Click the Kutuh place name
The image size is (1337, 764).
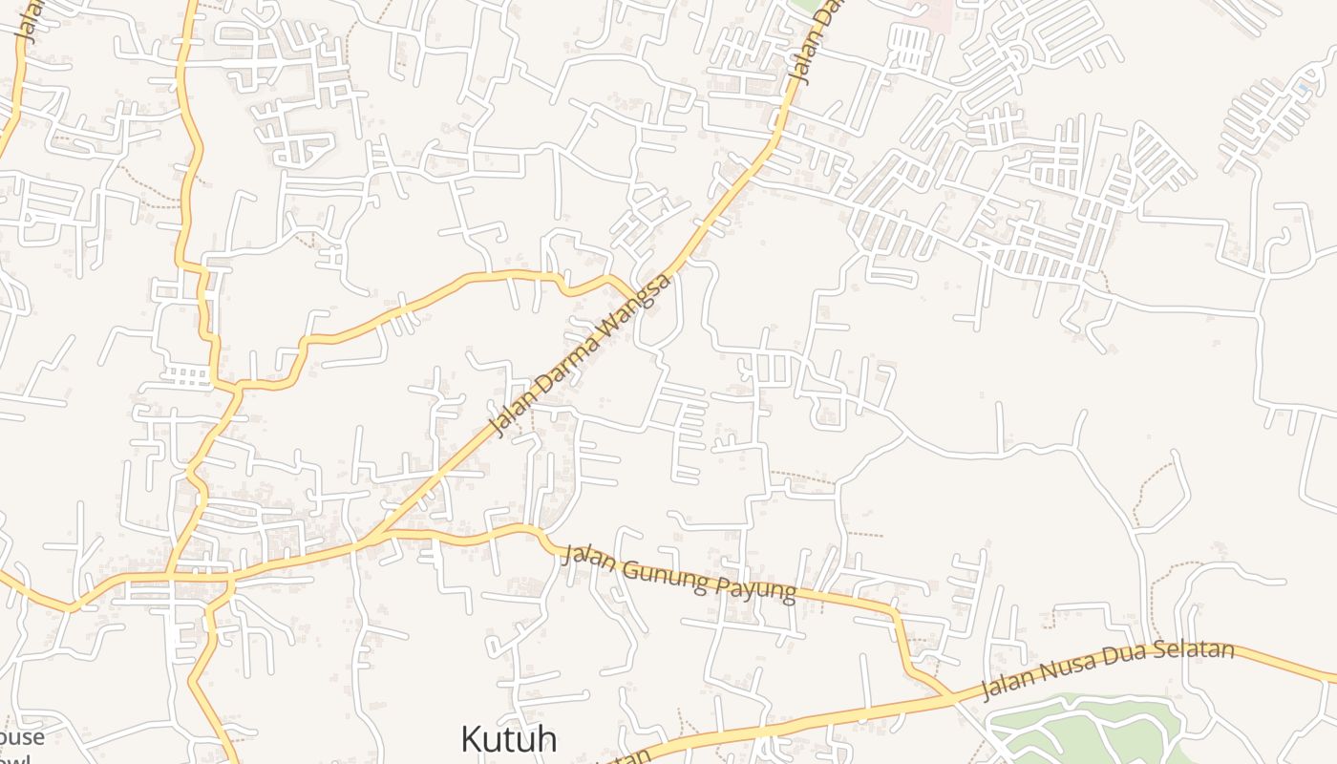pos(508,739)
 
